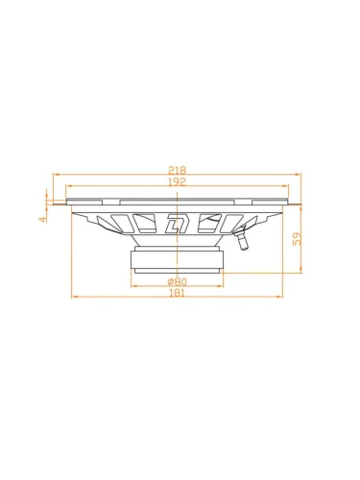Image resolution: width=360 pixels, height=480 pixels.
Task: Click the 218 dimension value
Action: (177, 170)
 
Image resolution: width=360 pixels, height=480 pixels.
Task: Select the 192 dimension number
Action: (177, 181)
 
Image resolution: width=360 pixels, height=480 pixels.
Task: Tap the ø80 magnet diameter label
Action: (177, 282)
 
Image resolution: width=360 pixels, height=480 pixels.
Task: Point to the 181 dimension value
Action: (177, 293)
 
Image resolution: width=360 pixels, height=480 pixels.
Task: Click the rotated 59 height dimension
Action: (298, 239)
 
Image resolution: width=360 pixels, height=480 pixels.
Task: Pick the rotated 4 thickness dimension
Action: (42, 219)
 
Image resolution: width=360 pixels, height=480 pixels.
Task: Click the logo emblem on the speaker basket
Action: (177, 223)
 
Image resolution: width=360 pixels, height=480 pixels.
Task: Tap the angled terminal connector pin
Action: (242, 240)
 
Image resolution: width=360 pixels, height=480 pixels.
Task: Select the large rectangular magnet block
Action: (177, 259)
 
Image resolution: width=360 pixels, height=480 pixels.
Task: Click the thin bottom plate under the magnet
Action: (177, 271)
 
